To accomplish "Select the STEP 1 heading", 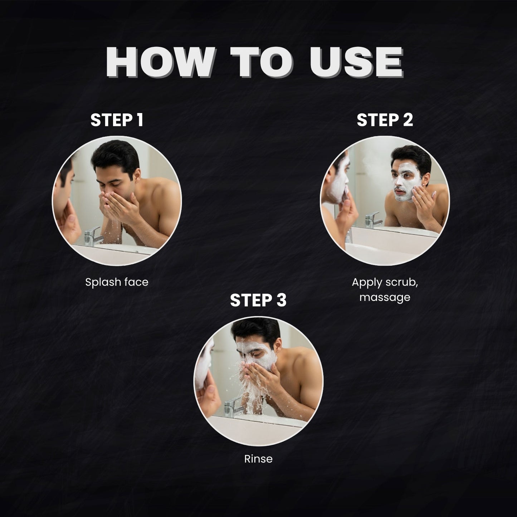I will click(117, 120).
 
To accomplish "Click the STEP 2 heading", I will click(385, 120).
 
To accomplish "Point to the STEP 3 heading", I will click(258, 300).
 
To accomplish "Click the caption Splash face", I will click(117, 282).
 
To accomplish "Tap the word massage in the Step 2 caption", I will click(385, 297).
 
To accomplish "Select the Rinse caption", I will click(258, 459).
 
